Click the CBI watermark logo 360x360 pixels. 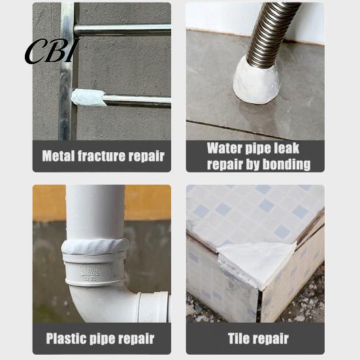[52, 52]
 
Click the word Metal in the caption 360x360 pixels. [59, 156]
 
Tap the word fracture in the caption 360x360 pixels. [101, 156]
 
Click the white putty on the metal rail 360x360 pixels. [88, 97]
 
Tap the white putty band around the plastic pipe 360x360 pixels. [95, 246]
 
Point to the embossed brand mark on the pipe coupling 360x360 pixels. [89, 271]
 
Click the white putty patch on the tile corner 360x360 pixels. [256, 262]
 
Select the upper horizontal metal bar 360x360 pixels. [122, 30]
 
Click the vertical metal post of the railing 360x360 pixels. [67, 71]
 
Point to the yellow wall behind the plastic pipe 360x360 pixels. [148, 202]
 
